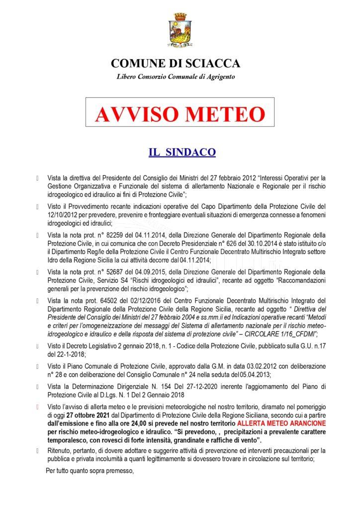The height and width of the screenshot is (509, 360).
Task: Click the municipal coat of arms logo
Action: coord(180,30)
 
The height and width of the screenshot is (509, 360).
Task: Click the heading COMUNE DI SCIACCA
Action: coord(176,64)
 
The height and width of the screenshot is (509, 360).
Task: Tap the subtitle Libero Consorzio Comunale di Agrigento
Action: coord(176,77)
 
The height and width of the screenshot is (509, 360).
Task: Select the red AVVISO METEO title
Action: coord(180,114)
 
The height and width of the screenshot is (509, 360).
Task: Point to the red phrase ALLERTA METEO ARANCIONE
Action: coord(288,423)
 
